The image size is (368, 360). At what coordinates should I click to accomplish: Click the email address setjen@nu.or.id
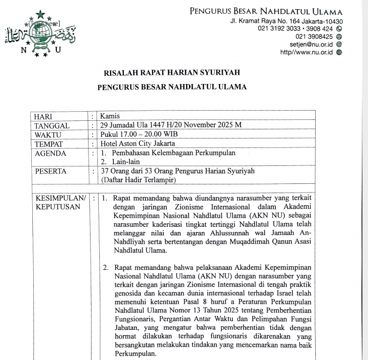[312, 45]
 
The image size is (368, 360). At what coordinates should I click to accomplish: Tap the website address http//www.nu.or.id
[307, 52]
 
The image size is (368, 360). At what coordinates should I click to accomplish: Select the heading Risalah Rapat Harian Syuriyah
[172, 72]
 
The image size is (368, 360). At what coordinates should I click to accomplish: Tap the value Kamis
[110, 116]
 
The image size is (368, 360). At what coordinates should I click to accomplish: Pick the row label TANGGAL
[52, 125]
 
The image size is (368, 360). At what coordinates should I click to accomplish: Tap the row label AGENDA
[50, 153]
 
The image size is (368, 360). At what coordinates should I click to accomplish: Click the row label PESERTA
[50, 171]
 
